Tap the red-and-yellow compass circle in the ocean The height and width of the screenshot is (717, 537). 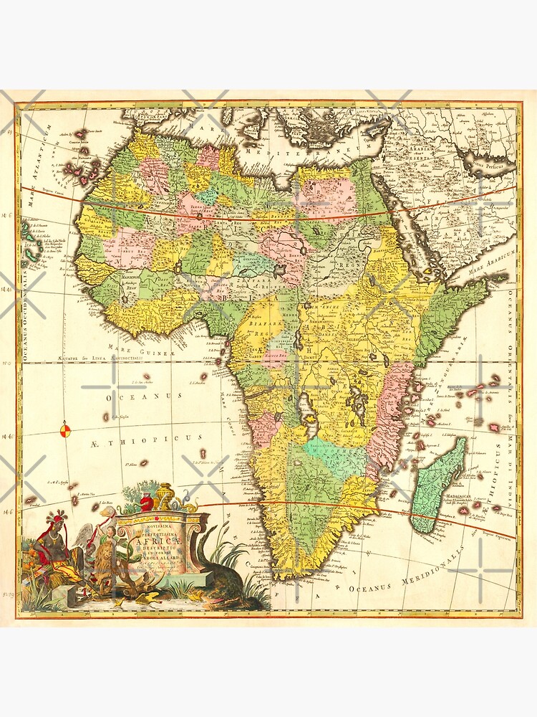tap(64, 430)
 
